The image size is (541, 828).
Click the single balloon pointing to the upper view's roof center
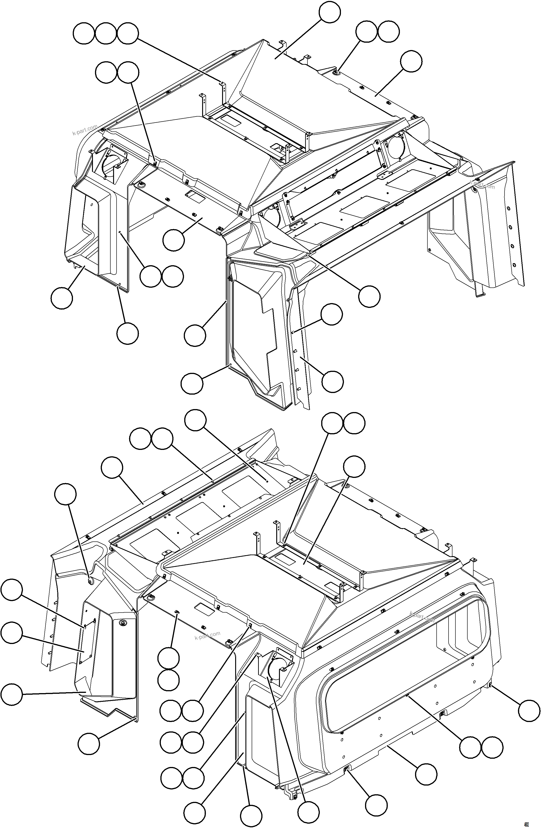tap(330, 12)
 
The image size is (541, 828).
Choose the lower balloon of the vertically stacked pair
tap(168, 680)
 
